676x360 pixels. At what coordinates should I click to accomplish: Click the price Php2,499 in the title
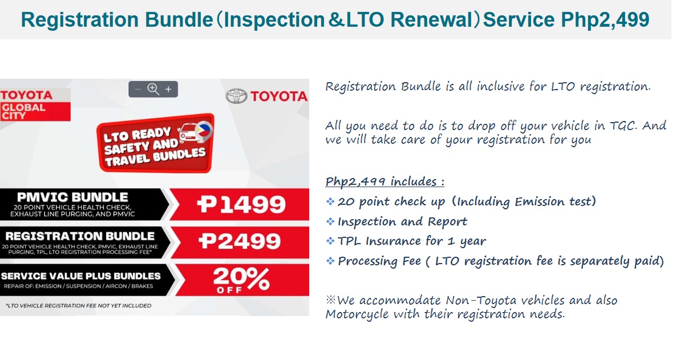coord(605,20)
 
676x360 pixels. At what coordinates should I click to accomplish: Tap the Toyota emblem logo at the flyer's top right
coord(236,96)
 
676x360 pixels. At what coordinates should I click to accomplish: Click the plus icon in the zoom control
coord(168,89)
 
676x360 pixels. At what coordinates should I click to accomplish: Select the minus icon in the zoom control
coord(138,89)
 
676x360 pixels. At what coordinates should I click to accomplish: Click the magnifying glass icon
coord(153,89)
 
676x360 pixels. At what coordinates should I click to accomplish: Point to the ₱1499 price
coord(241,204)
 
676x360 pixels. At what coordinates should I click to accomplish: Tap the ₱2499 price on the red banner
coord(240,241)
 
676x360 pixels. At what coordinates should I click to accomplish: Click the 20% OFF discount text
coord(241,280)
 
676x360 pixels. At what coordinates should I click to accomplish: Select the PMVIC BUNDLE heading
coord(72,197)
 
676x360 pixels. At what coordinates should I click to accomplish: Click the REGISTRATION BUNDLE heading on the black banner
coord(80,236)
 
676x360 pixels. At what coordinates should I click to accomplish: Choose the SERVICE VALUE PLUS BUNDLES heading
coord(80,276)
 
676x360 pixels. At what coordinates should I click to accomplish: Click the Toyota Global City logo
coord(35,105)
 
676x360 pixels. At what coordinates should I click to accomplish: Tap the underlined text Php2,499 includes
coord(384,181)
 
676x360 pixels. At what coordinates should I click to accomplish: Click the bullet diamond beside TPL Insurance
coord(330,241)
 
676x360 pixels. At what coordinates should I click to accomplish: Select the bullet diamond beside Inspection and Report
coord(330,221)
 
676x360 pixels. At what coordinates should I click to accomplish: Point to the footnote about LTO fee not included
coord(79,306)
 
